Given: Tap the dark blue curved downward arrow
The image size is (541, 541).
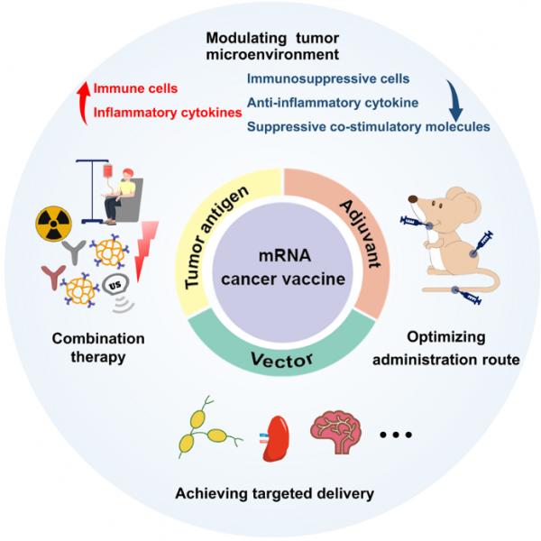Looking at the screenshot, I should (x=454, y=98).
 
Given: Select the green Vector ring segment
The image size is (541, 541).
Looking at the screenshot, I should (x=270, y=354).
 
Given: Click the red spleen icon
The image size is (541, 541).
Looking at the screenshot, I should (x=280, y=437).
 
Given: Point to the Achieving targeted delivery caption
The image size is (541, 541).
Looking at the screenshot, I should (x=270, y=492).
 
